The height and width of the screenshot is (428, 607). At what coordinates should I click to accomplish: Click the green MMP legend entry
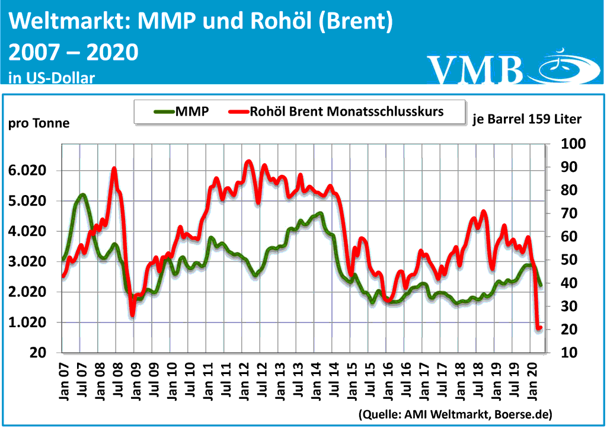(x=181, y=111)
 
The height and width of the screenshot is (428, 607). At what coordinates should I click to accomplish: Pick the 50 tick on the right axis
(x=568, y=260)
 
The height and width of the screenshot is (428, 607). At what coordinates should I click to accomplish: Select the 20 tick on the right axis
(x=568, y=330)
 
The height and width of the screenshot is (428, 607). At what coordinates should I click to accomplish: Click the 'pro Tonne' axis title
(x=39, y=123)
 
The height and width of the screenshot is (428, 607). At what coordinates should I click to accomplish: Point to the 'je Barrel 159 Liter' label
(x=527, y=119)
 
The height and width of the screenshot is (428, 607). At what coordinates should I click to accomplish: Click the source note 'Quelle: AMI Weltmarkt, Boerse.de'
(x=455, y=413)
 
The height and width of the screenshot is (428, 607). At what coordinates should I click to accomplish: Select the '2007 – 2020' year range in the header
(x=74, y=53)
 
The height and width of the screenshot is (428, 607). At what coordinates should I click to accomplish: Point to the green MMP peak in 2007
(x=82, y=194)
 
